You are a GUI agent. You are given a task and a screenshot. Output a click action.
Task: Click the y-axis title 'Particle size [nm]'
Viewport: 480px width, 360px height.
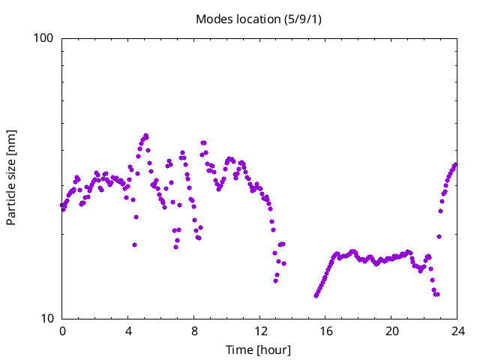click(x=11, y=178)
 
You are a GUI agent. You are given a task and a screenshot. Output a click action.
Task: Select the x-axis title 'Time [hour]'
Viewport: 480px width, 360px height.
click(x=259, y=349)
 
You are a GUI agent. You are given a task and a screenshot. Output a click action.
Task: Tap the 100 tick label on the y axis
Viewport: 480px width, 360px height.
click(x=46, y=38)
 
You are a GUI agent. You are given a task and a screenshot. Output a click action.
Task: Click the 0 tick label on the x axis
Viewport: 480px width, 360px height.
click(x=62, y=331)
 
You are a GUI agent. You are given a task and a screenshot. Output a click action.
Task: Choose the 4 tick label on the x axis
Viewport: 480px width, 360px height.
click(x=128, y=331)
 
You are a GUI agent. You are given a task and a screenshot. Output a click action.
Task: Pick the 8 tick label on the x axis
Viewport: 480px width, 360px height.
click(x=194, y=331)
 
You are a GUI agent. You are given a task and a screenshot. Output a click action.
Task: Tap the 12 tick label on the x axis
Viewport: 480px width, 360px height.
click(x=259, y=331)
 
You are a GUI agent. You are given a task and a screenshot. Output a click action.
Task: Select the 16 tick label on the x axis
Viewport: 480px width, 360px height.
click(x=325, y=331)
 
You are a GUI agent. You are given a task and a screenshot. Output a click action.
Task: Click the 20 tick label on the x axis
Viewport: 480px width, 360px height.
click(x=391, y=331)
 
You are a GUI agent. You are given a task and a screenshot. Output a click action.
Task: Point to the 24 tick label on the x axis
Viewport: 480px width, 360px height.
click(x=457, y=331)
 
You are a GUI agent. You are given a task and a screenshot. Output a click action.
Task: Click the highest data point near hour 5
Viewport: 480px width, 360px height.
click(x=145, y=136)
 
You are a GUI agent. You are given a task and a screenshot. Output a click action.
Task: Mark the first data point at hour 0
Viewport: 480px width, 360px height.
click(x=62, y=205)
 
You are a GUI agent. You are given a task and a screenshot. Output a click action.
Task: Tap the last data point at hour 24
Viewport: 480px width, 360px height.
click(x=455, y=164)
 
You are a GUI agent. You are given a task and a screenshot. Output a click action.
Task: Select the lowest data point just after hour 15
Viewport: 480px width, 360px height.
click(x=316, y=295)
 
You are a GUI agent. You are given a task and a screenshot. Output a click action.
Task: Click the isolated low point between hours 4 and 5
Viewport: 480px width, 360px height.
click(x=134, y=244)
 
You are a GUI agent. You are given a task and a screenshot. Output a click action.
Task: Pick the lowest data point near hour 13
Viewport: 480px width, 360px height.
click(x=276, y=280)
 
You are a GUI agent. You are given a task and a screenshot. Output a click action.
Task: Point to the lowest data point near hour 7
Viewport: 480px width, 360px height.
click(x=176, y=247)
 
